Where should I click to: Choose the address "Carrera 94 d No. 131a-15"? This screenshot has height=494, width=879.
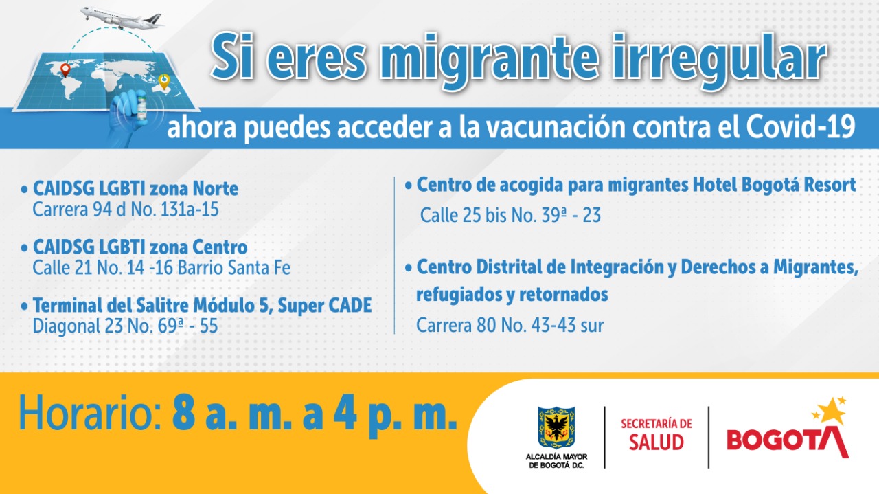126,210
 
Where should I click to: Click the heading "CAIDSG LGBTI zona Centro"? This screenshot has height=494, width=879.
140,247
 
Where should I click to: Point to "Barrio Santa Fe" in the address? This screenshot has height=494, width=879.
233,267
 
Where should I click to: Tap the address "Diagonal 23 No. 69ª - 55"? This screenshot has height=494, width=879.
125,326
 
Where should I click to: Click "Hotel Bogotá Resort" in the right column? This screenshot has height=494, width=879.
769,185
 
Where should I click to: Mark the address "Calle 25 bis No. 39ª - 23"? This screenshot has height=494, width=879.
510,216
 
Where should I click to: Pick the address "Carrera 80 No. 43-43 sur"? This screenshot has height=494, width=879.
510,325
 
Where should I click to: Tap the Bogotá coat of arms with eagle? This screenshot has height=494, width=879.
556,427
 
